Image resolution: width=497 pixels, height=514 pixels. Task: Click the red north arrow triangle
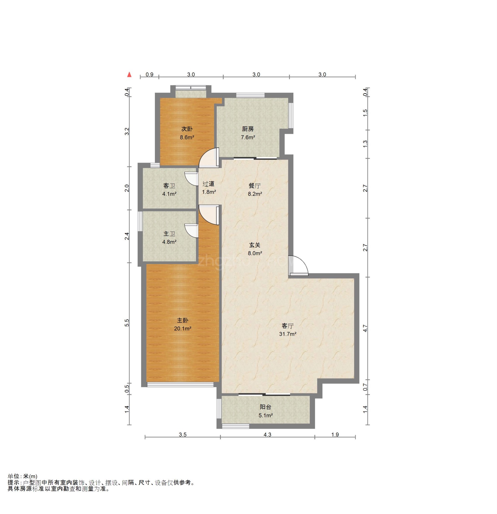click(129, 74)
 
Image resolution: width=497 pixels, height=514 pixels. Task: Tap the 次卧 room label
click(187, 129)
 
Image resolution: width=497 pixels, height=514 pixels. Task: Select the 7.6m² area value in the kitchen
click(248, 137)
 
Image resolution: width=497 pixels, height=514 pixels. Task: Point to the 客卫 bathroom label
click(169, 186)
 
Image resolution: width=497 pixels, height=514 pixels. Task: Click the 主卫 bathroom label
click(169, 234)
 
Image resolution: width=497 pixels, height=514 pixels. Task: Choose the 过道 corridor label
click(208, 184)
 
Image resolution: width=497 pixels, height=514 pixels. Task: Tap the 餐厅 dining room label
click(255, 186)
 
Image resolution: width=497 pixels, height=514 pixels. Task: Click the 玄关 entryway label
click(255, 245)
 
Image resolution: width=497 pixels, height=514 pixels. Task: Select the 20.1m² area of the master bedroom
click(182, 328)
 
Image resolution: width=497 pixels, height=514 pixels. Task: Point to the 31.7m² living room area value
click(287, 334)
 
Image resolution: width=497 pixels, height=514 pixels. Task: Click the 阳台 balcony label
click(266, 407)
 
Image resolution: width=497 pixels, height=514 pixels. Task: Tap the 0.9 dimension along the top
click(150, 74)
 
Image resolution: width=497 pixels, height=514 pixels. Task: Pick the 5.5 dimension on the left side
click(127, 323)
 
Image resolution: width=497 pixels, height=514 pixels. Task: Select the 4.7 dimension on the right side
click(365, 328)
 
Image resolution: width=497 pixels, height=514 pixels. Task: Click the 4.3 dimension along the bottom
click(267, 434)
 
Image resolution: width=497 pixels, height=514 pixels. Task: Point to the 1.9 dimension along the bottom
click(335, 434)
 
